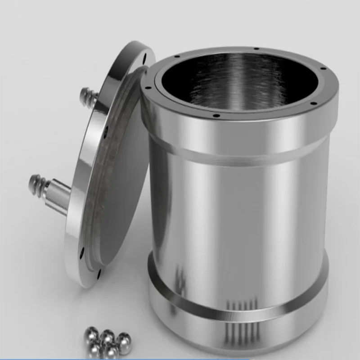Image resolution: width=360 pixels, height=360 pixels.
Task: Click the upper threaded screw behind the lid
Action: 88,96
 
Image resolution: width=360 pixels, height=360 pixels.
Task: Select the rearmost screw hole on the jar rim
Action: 256,49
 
